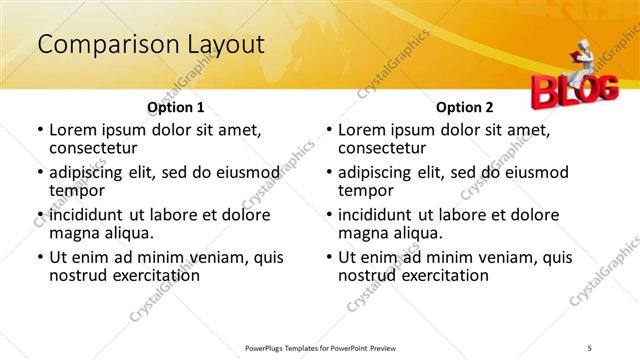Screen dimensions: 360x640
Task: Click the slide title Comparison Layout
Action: coord(150,44)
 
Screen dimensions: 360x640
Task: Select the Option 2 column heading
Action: coord(464,107)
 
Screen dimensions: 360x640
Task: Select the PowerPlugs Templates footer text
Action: coord(320,348)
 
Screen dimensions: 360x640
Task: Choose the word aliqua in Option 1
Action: coord(128,233)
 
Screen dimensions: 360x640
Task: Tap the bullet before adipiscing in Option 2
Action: coord(329,173)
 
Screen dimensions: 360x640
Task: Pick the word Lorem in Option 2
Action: coord(362,130)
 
